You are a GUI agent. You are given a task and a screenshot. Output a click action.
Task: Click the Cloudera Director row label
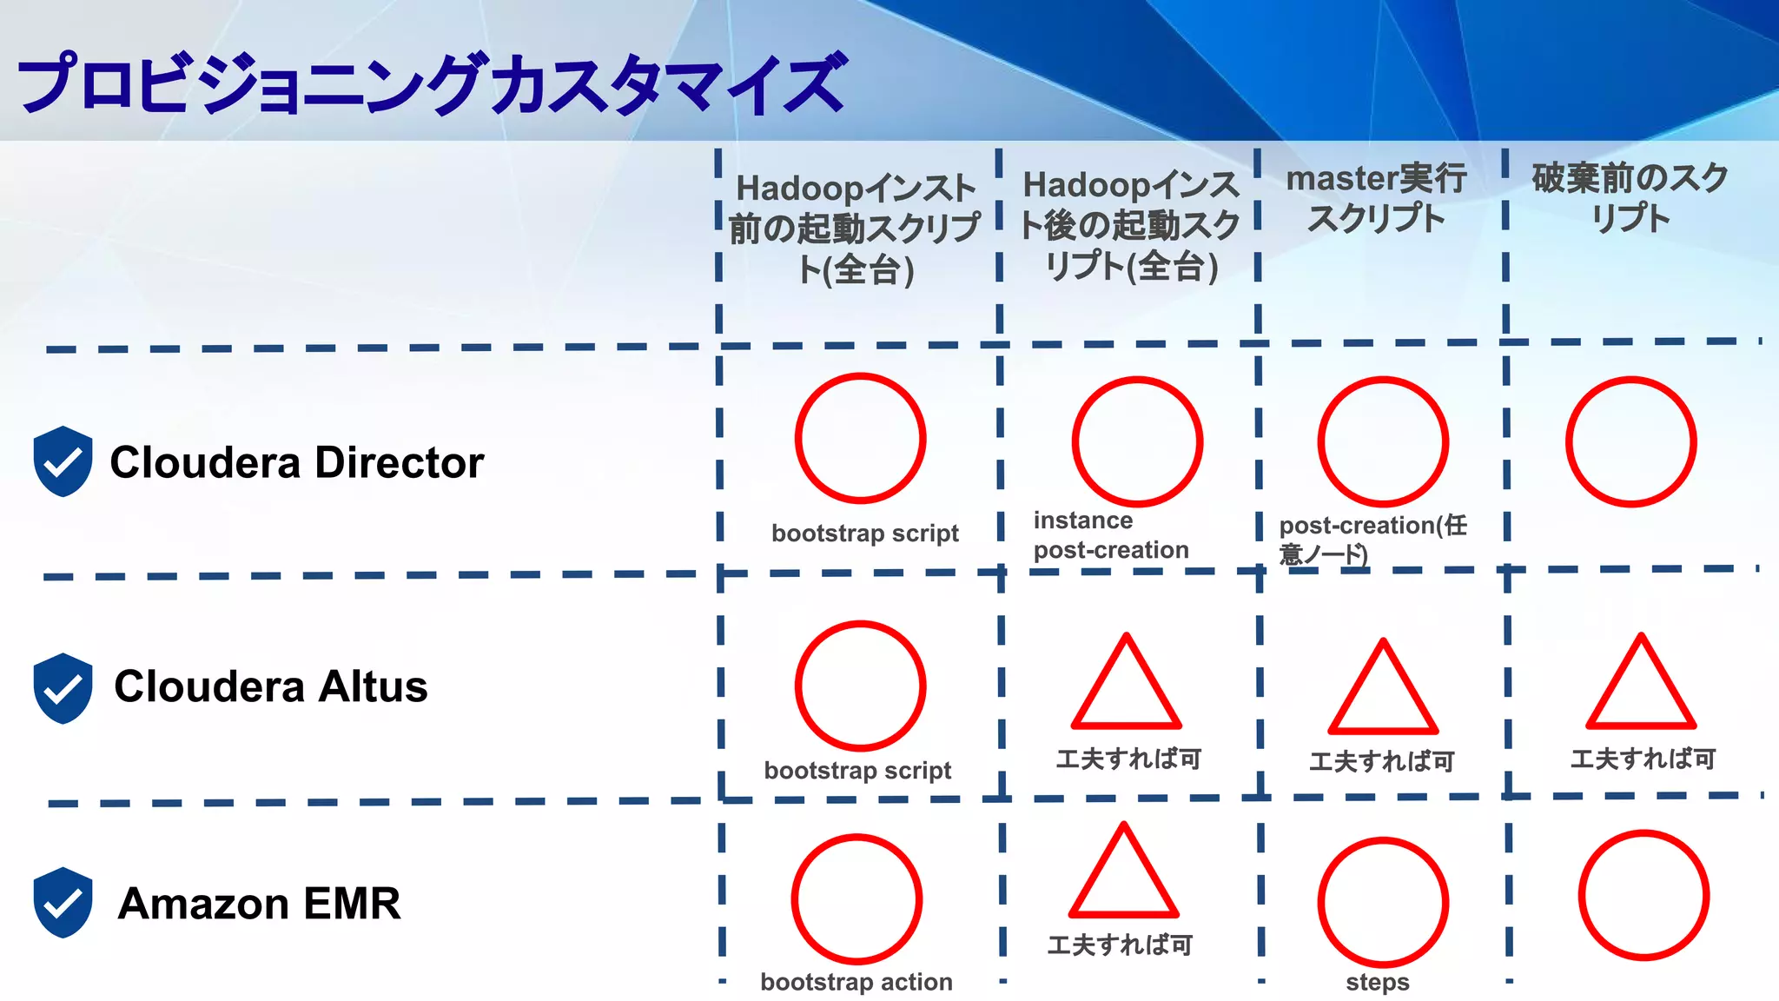coord(296,462)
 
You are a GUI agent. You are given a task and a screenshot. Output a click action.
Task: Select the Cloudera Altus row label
coord(270,686)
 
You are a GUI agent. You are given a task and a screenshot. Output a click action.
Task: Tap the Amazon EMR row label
coord(259,903)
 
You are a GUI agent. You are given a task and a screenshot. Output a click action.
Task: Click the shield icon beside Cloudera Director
coord(63,461)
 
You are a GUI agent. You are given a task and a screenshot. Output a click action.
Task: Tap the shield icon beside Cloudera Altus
coord(63,687)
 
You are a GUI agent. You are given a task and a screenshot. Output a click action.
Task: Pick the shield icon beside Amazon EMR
coord(63,902)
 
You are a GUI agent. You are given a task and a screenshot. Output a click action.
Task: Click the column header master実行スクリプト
coord(1377,198)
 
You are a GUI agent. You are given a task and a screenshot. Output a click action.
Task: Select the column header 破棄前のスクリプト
coord(1630,198)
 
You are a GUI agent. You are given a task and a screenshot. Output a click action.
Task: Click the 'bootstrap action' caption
coord(856,982)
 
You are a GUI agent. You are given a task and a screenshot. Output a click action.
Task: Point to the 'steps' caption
coord(1378,983)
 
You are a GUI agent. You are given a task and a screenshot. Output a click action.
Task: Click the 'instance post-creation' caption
coord(1110,535)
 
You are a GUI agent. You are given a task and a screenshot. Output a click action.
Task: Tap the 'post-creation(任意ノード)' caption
coord(1372,539)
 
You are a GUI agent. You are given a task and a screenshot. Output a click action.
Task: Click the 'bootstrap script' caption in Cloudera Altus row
coord(857,771)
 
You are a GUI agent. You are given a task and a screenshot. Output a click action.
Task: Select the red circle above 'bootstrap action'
coord(856,898)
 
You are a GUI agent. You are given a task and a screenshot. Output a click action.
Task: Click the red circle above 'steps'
coord(1383,902)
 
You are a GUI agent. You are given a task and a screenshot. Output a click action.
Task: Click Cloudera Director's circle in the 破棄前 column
coord(1630,441)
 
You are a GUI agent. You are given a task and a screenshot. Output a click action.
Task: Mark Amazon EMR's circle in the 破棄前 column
coord(1643,895)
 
